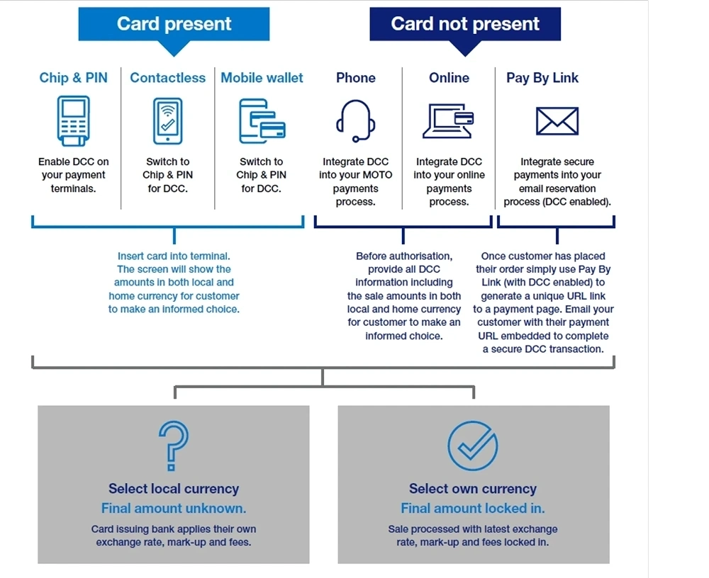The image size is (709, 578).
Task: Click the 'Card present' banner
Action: (x=174, y=23)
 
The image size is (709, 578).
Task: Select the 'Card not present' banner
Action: (x=465, y=23)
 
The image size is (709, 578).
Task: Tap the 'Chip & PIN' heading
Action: (x=74, y=78)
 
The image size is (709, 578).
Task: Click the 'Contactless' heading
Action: (x=168, y=78)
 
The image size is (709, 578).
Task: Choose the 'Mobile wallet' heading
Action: (x=262, y=78)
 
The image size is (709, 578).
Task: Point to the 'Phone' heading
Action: (x=356, y=78)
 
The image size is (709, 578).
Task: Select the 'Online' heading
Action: (x=449, y=78)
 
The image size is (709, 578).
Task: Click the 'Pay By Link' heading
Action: (x=542, y=78)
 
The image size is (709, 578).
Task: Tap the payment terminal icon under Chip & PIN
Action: (x=74, y=120)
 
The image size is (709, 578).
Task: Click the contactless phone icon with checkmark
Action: (x=168, y=120)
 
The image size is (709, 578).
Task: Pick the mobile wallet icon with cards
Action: (x=262, y=121)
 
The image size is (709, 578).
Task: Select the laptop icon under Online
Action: (x=448, y=120)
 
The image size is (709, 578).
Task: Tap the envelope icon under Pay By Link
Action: (x=557, y=120)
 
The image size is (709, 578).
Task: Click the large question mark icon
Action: (x=174, y=446)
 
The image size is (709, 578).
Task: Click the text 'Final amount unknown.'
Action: (x=174, y=508)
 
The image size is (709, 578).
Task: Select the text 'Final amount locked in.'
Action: (x=473, y=508)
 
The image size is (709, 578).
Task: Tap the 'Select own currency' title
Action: (x=473, y=489)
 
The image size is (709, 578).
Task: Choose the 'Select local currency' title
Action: (x=174, y=489)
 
